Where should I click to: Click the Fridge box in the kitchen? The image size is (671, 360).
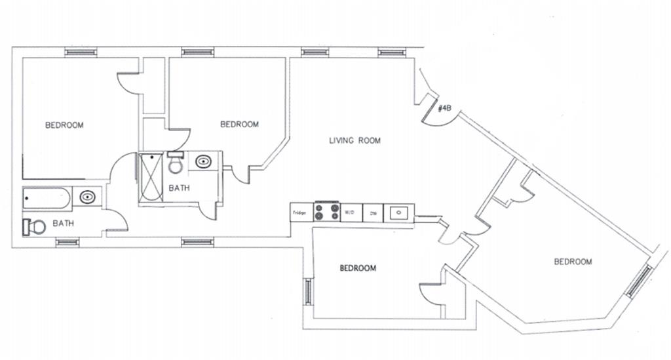click(301, 212)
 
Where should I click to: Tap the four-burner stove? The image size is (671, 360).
click(326, 212)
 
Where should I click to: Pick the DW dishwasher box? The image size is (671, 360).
click(373, 213)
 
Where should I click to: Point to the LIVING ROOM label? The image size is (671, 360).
click(355, 140)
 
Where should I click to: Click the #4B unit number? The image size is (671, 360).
click(444, 109)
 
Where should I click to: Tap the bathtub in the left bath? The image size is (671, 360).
click(46, 197)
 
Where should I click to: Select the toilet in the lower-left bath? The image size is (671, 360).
click(35, 227)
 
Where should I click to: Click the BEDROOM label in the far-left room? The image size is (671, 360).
click(64, 125)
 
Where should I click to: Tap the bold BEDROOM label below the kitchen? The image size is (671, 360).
click(358, 268)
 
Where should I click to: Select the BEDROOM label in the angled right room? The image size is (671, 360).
click(573, 262)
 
